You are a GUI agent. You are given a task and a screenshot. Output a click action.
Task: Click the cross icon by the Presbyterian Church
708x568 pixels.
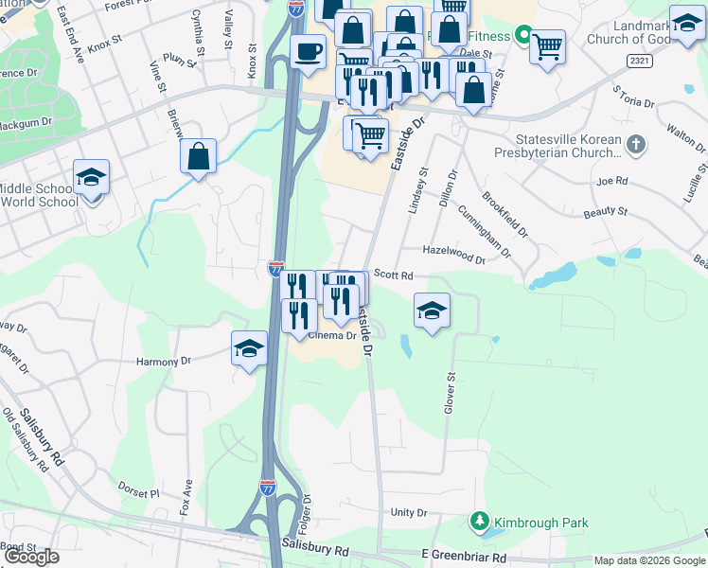(636, 145)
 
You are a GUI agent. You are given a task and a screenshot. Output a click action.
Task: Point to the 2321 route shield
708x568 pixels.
(640, 60)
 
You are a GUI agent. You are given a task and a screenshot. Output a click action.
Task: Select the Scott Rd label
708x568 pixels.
(394, 275)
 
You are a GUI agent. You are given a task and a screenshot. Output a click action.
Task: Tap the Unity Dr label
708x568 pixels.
(409, 512)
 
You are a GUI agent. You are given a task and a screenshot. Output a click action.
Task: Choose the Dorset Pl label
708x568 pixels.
(139, 490)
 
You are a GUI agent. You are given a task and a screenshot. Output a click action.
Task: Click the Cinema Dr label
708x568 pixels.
(331, 336)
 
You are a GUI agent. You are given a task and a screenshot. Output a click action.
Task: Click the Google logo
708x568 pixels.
(31, 557)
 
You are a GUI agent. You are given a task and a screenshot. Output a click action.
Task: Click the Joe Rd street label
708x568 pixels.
(612, 180)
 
